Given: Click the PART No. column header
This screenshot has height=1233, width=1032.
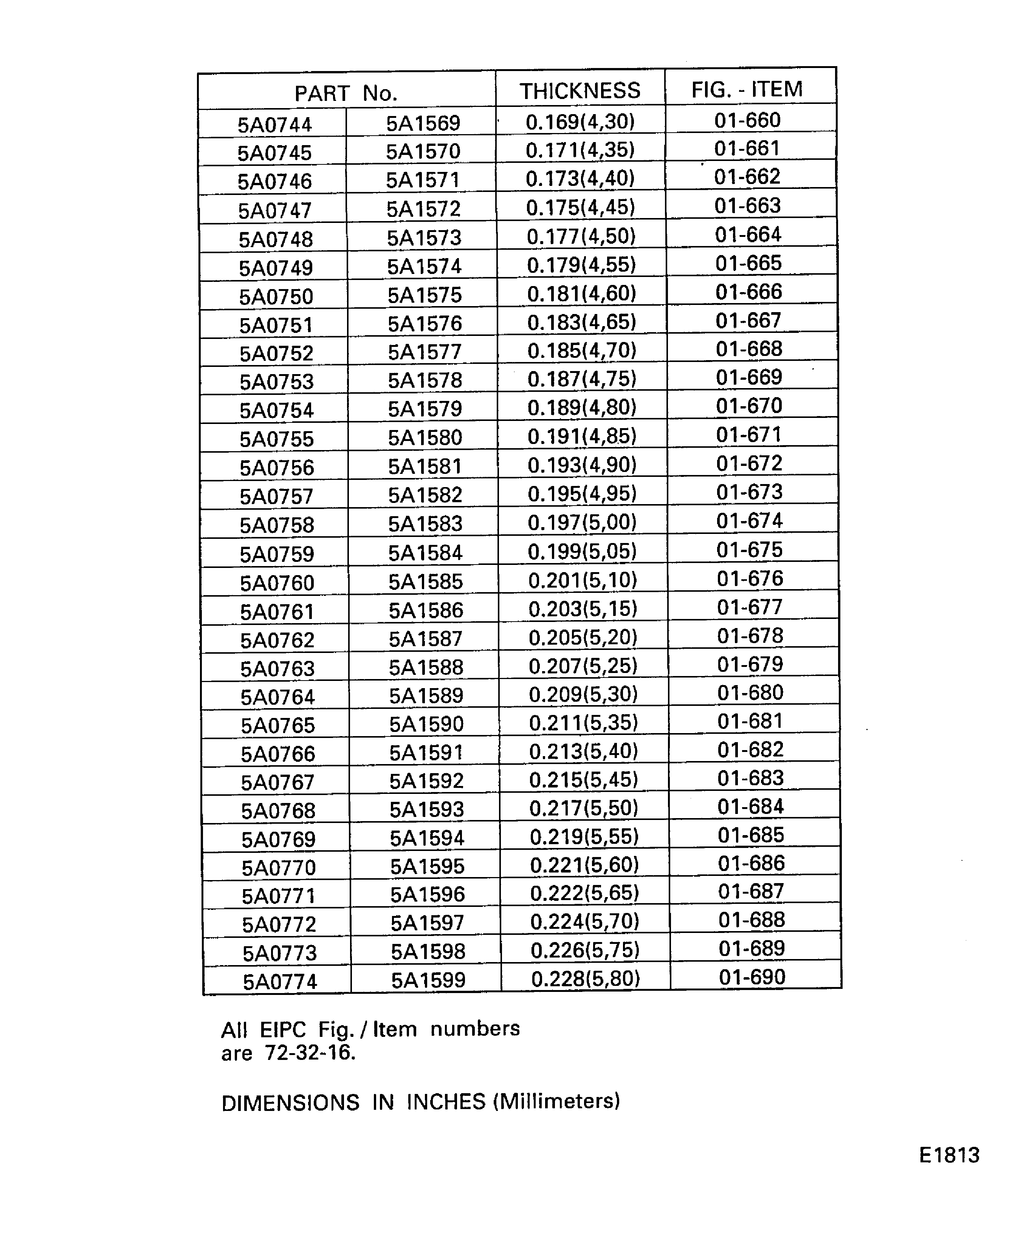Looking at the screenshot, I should click(x=346, y=93).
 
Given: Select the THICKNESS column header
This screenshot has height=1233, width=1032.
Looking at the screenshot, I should click(x=580, y=91).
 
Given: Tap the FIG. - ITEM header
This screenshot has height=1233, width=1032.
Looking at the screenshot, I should click(x=747, y=89).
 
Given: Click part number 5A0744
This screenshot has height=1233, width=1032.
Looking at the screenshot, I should click(x=275, y=124).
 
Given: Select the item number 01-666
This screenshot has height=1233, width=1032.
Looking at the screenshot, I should click(x=749, y=292).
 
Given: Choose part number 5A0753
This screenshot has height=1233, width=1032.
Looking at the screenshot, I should click(x=277, y=382).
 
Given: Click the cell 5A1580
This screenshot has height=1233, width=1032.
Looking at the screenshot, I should click(x=425, y=438).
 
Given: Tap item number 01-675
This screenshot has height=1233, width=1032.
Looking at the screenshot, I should click(x=750, y=549).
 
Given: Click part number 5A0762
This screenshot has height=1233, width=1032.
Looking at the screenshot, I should click(x=277, y=640).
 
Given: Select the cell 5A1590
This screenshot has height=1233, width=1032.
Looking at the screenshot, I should click(x=426, y=724).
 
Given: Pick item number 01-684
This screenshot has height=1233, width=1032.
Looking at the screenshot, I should click(x=751, y=807).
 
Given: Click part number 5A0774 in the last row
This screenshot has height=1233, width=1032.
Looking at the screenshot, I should click(x=280, y=982).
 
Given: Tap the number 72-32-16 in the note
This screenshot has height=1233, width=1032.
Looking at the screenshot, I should click(x=310, y=1054).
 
